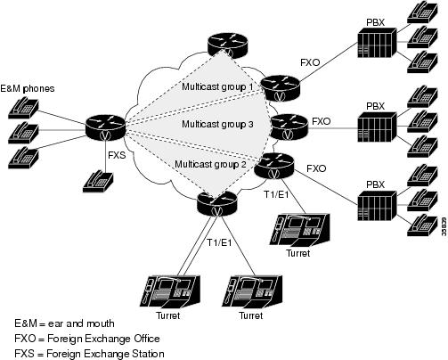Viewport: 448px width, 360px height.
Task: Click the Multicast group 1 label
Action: point(217,86)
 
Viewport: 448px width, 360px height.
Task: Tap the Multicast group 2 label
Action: point(210,164)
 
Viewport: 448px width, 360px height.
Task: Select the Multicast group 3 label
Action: point(217,124)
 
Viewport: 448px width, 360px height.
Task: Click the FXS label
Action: point(117,155)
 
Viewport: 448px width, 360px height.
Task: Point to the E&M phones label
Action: point(28,88)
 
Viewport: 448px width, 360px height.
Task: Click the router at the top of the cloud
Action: point(227,45)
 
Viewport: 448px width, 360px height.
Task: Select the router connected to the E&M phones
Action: point(106,127)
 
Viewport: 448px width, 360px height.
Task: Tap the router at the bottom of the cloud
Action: point(216,203)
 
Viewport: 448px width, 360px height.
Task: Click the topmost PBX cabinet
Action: point(377,43)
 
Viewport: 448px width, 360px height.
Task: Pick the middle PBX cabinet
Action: point(377,127)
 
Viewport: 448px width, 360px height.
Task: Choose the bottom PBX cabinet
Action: point(377,206)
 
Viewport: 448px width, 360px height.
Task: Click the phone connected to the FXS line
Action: point(98,182)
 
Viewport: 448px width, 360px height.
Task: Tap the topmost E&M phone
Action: point(23,108)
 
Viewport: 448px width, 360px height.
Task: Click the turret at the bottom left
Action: point(170,291)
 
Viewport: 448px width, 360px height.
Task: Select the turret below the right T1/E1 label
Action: point(299,229)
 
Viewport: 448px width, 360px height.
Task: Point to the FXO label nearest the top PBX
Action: point(310,62)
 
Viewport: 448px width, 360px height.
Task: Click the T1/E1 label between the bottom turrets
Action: point(219,242)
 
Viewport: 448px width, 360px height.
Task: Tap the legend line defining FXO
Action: point(87,339)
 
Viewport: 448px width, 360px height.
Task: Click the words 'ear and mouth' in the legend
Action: point(81,323)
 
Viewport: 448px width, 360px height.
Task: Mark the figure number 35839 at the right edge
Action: point(444,226)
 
